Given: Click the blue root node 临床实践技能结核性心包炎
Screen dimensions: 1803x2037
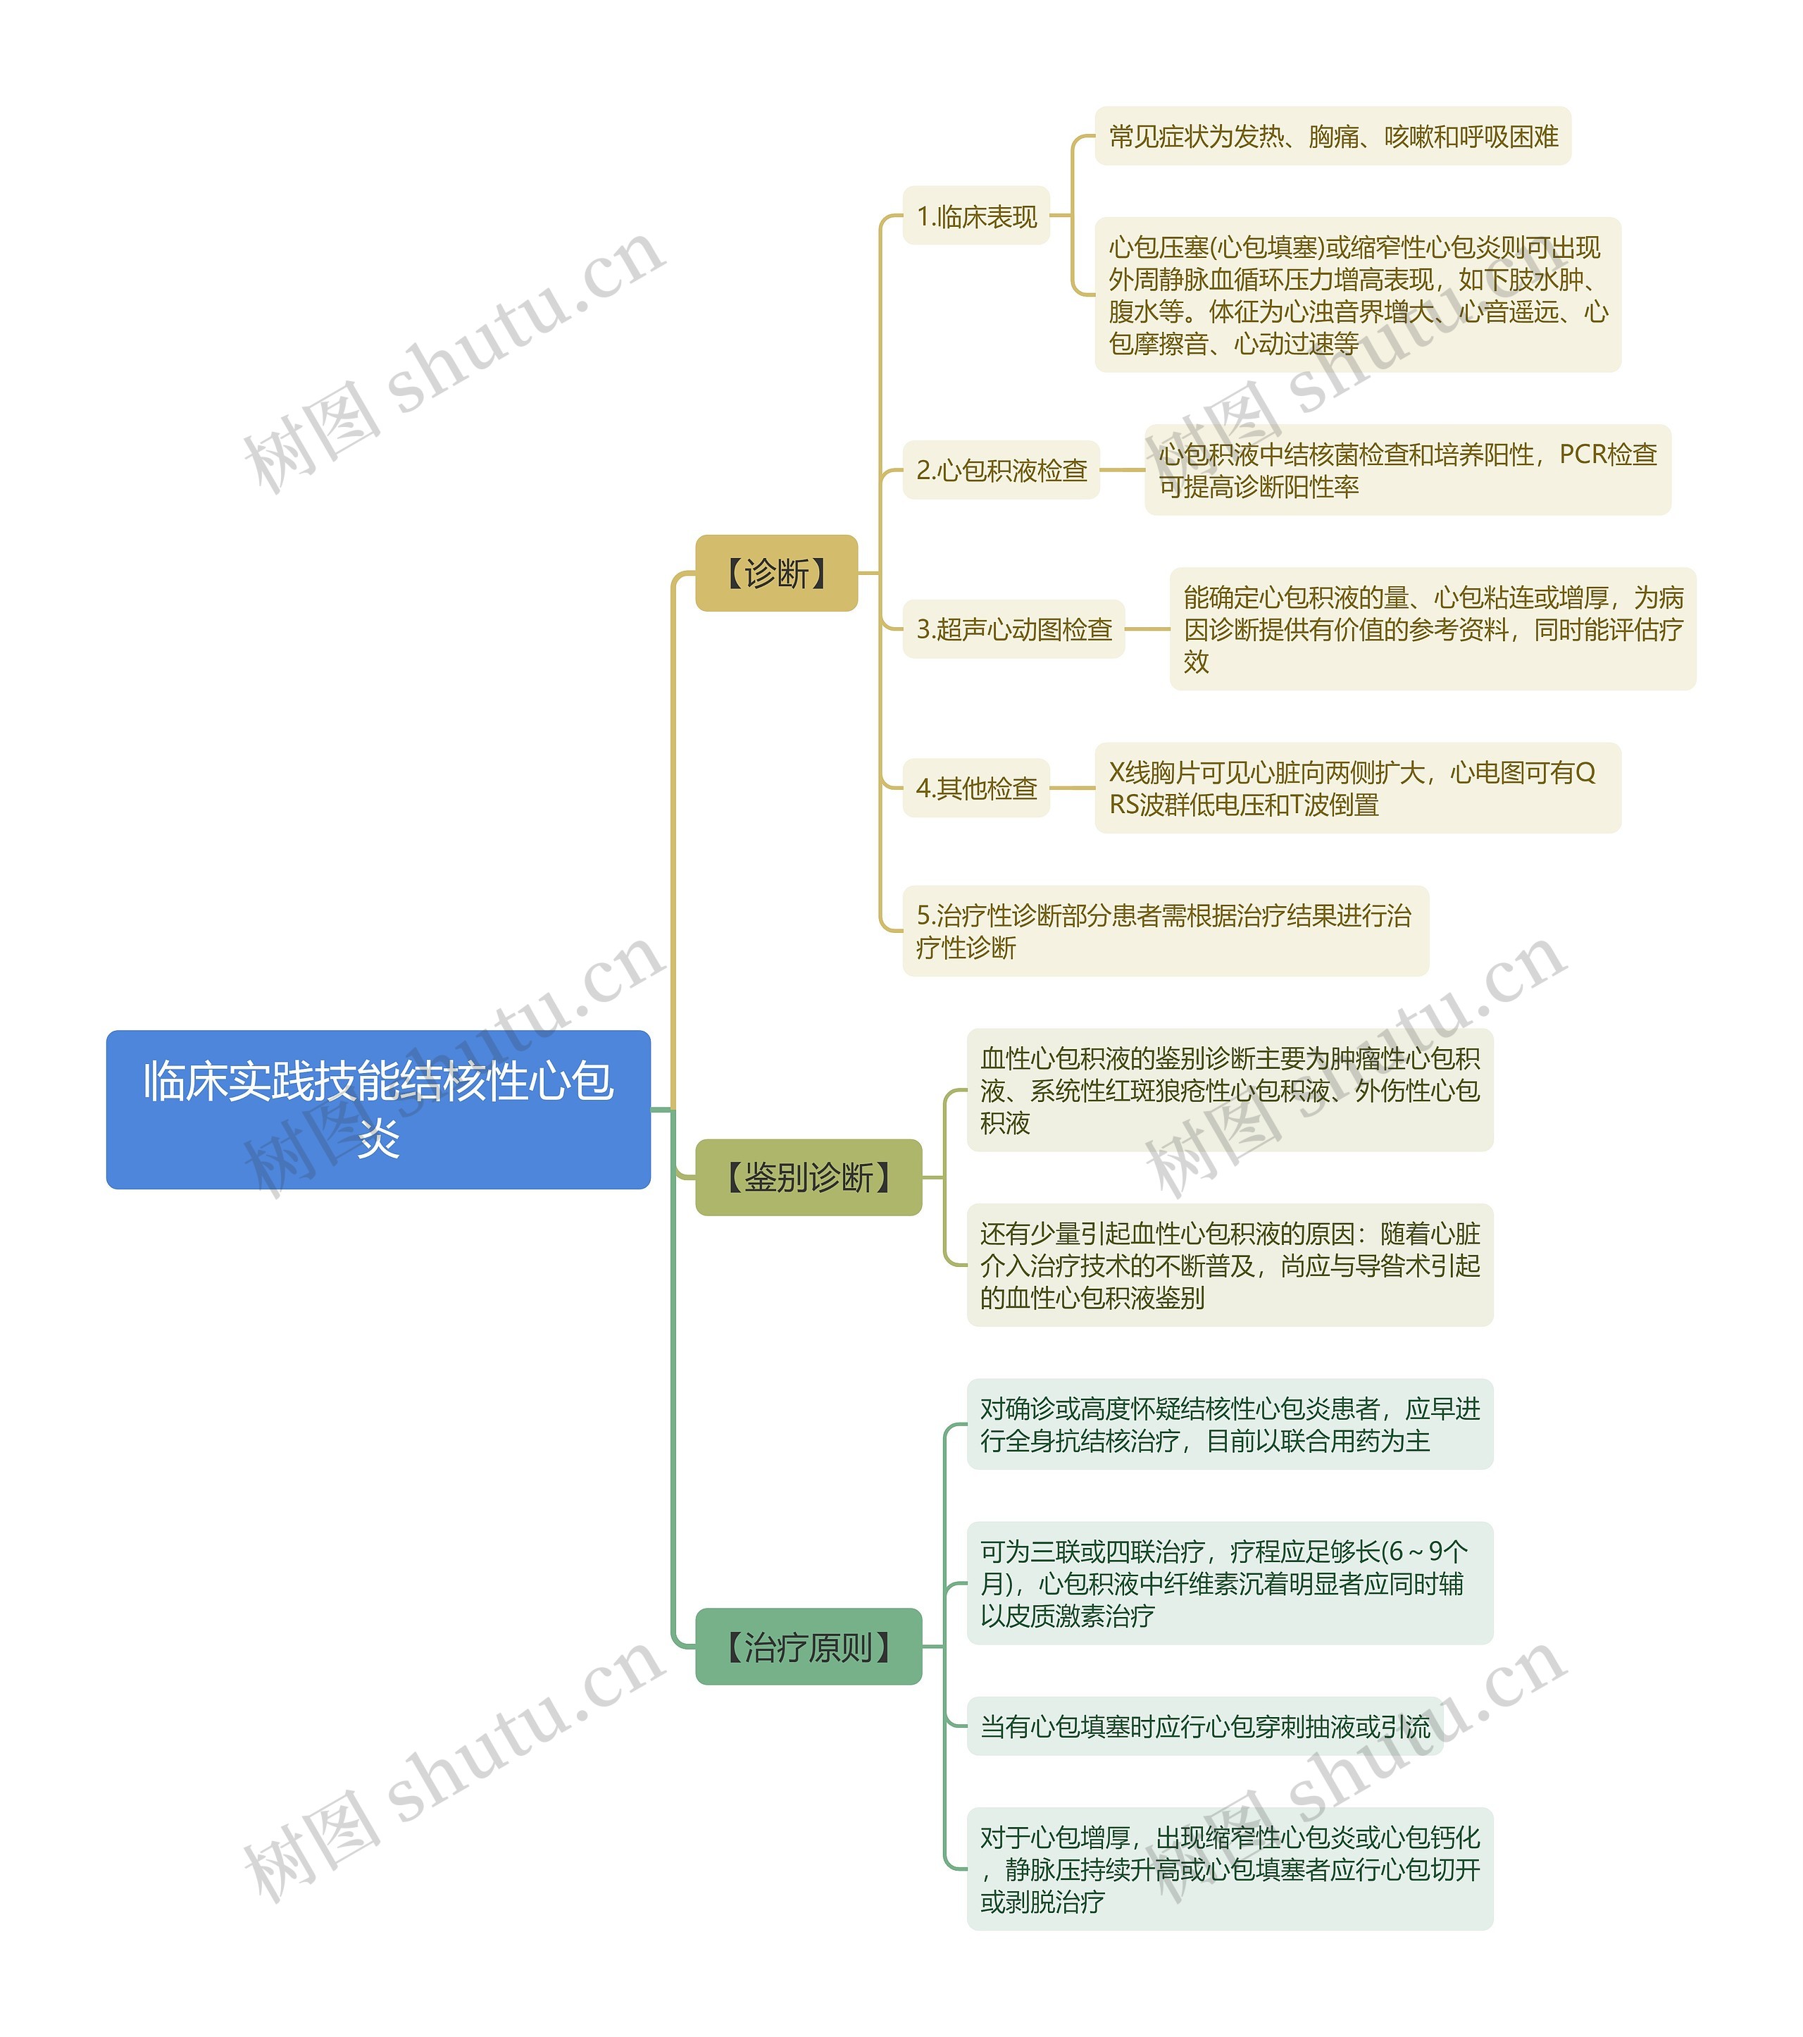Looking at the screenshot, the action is coord(378,1108).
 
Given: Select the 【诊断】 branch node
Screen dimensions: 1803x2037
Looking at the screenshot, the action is coord(776,573).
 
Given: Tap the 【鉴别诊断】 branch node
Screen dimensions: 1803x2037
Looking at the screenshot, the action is coord(808,1177).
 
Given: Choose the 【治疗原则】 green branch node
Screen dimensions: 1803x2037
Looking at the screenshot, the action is coord(808,1647).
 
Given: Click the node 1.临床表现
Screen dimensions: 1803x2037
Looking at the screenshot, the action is coord(976,216).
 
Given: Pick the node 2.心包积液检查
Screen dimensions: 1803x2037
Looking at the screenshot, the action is coord(1000,469).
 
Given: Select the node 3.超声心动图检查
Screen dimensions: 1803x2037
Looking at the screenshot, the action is coord(1013,629).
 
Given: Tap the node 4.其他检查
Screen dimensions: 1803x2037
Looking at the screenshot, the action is coord(976,788).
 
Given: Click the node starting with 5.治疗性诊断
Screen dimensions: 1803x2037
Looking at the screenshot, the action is coord(1164,931).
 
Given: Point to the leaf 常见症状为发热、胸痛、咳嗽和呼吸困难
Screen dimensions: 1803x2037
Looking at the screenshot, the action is coord(1332,137).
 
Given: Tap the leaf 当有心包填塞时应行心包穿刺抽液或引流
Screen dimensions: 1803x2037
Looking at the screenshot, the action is coord(1204,1726).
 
